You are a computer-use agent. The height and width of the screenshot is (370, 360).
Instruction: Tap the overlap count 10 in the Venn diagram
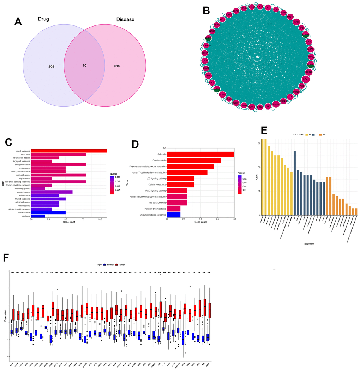(x=84, y=66)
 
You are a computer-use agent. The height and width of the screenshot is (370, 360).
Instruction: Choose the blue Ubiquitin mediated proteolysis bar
(x=174, y=214)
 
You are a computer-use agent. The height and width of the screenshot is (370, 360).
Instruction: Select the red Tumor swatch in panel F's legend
(x=116, y=264)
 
